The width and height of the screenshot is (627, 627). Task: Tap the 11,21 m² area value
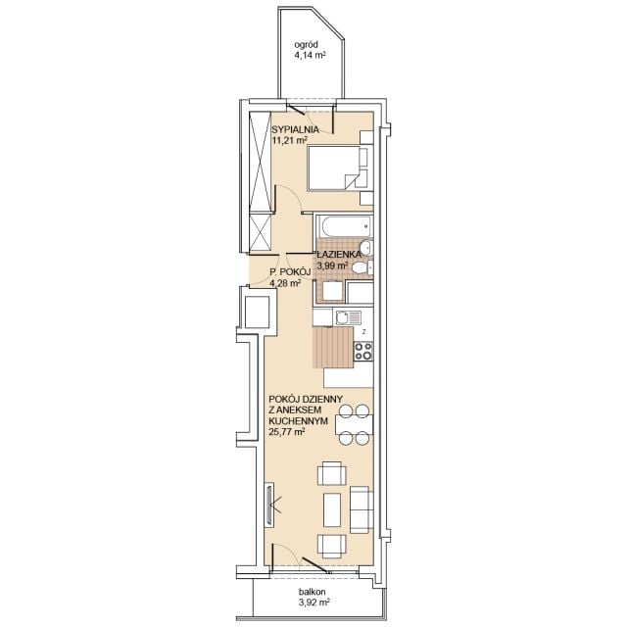pos(290,140)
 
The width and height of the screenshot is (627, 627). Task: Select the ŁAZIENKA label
pos(339,255)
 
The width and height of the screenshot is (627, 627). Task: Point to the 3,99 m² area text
pos(332,265)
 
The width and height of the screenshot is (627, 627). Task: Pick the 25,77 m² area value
pos(287,432)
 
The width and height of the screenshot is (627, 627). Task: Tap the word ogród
pos(306,45)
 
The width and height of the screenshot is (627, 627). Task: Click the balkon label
pos(312,592)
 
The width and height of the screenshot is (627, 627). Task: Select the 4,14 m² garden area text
pos(310,56)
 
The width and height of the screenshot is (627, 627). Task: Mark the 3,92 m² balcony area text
pos(313,603)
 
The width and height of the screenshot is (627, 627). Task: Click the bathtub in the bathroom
pos(344,226)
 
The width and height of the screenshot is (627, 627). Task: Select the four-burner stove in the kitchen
pos(363,352)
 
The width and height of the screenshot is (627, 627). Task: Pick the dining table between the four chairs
pos(355,425)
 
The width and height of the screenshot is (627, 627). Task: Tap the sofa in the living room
pos(362,509)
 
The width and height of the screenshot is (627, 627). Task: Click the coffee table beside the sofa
pos(332,509)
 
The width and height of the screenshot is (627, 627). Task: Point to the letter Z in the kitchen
pos(363,331)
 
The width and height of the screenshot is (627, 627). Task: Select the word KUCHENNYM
pos(298,420)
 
